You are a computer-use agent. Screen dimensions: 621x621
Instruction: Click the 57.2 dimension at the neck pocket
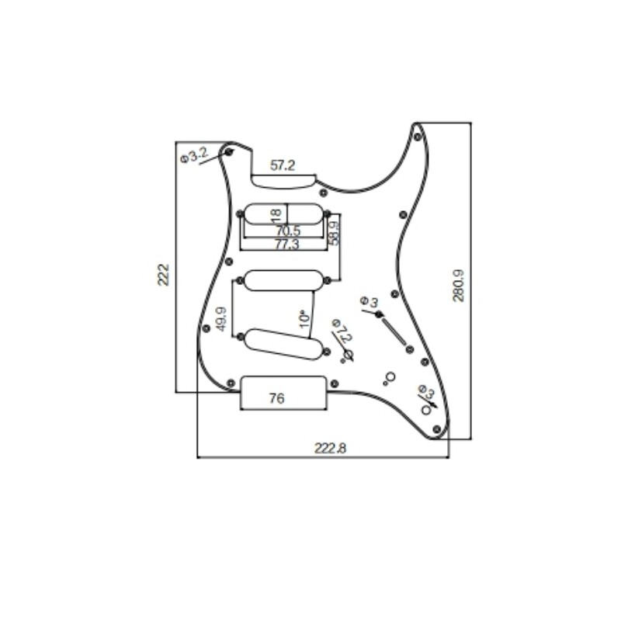(283, 165)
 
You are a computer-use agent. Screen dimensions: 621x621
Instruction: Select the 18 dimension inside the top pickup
(275, 213)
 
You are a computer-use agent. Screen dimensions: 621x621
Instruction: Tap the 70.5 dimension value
(286, 231)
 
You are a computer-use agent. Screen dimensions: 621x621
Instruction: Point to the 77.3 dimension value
(286, 245)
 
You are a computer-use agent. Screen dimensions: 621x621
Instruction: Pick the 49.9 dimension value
(222, 319)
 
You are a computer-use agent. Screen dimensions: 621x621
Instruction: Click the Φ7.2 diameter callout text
(341, 331)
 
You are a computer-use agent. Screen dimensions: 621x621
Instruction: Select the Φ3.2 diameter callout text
(193, 155)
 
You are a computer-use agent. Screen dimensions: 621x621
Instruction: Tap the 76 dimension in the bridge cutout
(276, 399)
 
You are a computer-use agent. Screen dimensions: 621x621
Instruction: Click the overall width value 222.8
(330, 448)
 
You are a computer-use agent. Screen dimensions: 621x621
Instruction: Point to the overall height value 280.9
(458, 285)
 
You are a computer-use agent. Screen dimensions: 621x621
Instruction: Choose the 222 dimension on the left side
(164, 275)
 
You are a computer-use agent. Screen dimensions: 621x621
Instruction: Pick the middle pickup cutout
(283, 279)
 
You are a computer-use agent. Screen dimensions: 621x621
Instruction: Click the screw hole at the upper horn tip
(418, 137)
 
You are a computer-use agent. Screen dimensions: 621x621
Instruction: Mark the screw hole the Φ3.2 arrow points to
(229, 151)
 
